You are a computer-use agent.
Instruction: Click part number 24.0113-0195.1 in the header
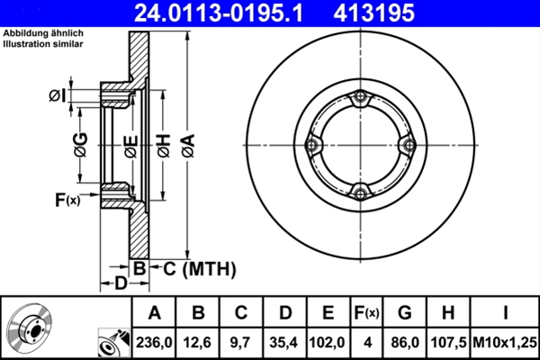click(219, 13)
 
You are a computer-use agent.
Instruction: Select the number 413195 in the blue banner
click(373, 13)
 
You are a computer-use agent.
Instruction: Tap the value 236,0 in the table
click(154, 342)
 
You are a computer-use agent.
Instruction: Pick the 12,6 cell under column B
click(197, 342)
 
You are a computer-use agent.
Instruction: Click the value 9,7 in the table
click(240, 342)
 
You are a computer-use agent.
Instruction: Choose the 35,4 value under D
click(284, 342)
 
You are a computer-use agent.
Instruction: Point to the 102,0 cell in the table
click(328, 342)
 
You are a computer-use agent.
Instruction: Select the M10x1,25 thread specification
click(505, 342)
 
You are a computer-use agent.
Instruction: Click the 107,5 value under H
click(448, 342)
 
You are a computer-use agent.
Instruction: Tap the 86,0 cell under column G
click(405, 342)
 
